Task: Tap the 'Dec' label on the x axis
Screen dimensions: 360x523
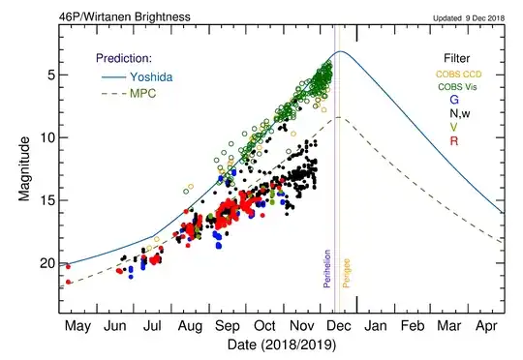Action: [x=339, y=326]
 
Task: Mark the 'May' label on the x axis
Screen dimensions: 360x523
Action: [x=78, y=326]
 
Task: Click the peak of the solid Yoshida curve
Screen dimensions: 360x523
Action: [x=340, y=51]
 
